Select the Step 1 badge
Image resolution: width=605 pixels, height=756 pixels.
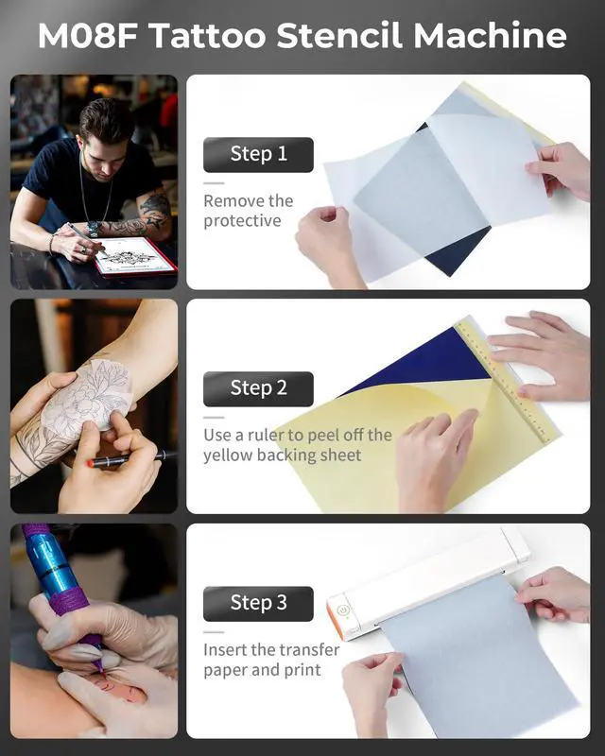tap(258, 154)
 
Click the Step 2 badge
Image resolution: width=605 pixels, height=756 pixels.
tap(258, 387)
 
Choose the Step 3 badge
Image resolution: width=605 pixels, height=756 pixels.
tap(258, 603)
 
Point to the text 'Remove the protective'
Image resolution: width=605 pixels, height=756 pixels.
tap(249, 211)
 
